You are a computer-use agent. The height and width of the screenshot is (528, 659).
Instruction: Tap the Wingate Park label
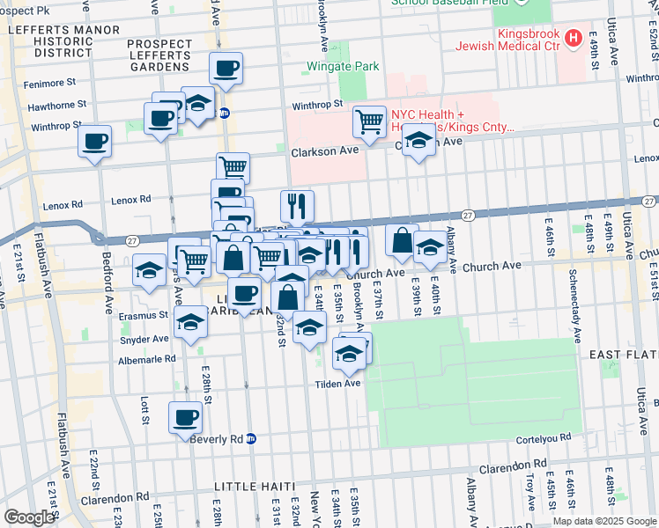coord(342,66)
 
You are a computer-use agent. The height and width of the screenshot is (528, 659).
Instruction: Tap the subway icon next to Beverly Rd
coord(251,438)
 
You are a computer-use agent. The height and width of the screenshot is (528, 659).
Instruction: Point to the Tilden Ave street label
coord(340,384)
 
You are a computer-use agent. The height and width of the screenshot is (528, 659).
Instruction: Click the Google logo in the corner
coord(28,517)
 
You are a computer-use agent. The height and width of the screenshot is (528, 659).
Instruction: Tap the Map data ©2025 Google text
coord(603,521)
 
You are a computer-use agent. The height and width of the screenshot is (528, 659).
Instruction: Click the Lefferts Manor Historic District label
coord(51,40)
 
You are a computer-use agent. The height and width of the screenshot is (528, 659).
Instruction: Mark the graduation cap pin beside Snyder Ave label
coord(190,323)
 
